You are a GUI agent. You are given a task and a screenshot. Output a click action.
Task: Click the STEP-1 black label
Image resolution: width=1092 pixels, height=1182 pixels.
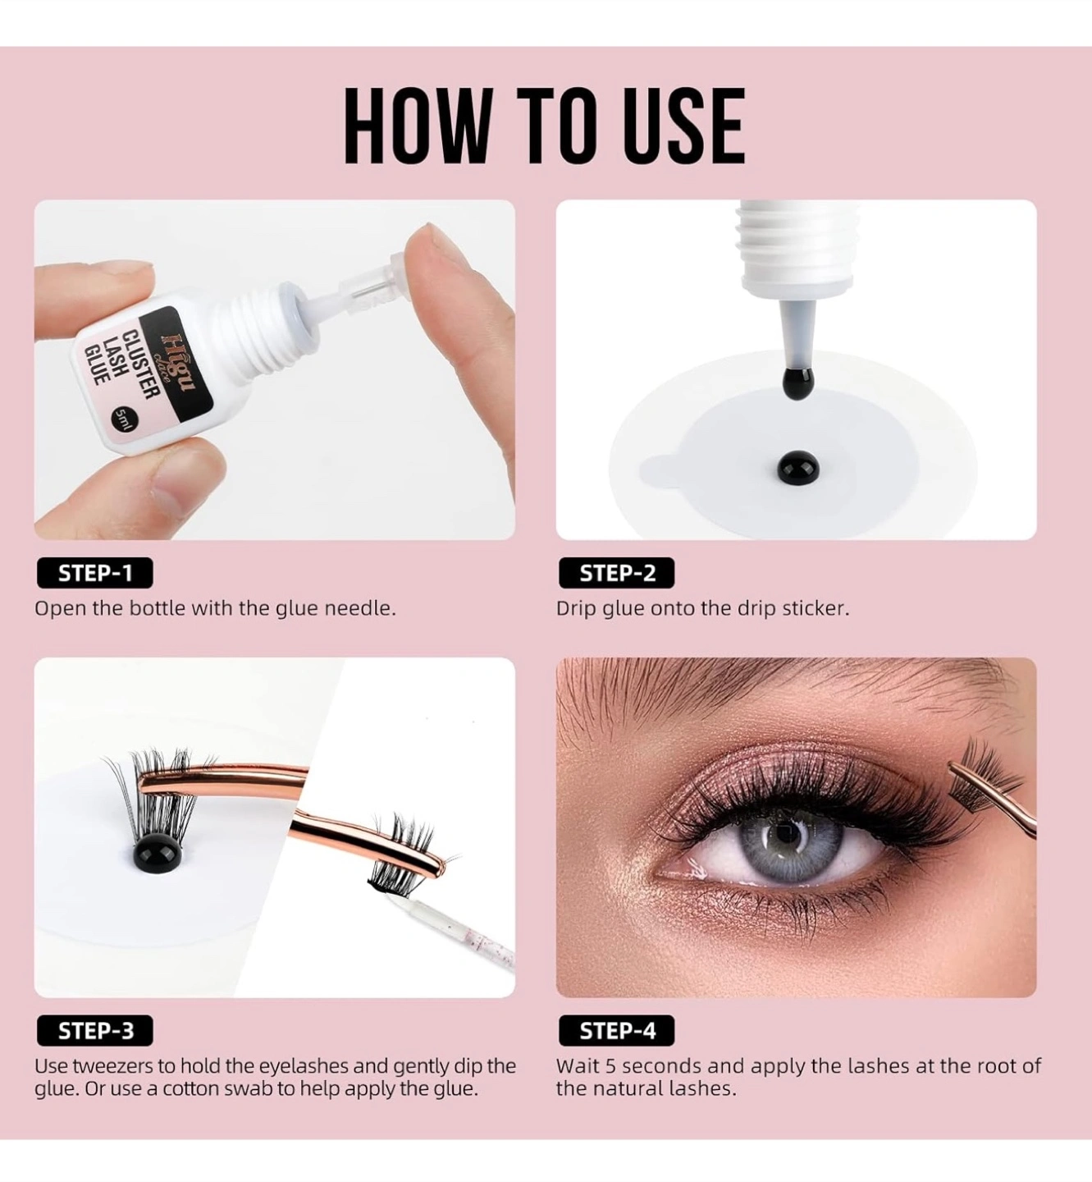click(94, 573)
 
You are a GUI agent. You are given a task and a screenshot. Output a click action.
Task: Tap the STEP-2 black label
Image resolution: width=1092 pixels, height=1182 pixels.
click(616, 573)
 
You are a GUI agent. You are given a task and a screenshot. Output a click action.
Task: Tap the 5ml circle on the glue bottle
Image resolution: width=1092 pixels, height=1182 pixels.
click(122, 419)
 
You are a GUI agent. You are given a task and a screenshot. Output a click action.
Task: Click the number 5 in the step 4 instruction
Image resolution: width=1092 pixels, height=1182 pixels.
click(610, 1065)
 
